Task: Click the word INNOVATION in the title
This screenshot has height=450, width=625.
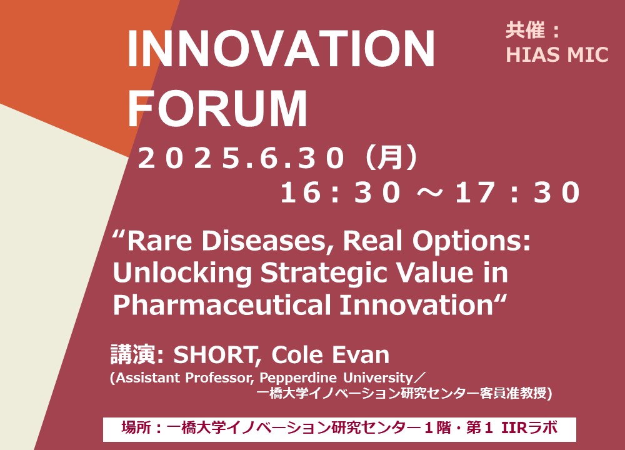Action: pyautogui.click(x=281, y=49)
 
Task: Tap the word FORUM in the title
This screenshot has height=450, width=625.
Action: pyautogui.click(x=217, y=108)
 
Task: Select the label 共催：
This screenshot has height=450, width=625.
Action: pyautogui.click(x=532, y=31)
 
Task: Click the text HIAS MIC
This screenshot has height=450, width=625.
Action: pyautogui.click(x=557, y=54)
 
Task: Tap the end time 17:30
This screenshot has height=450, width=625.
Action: pyautogui.click(x=517, y=192)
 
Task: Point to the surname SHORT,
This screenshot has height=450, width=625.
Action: pyautogui.click(x=217, y=355)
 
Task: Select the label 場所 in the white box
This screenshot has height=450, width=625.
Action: pyautogui.click(x=136, y=428)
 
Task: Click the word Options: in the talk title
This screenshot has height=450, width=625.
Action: pyautogui.click(x=471, y=241)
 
